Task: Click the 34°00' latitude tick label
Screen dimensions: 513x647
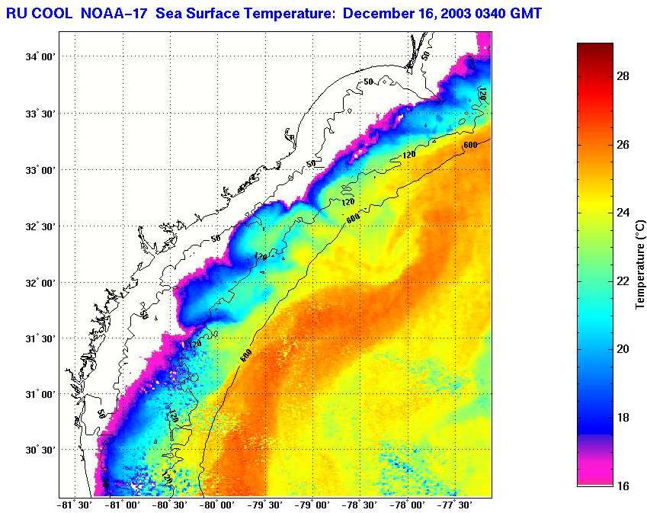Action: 40,57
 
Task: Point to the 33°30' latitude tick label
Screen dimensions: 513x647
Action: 40,114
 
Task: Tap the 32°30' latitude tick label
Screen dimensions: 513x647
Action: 40,226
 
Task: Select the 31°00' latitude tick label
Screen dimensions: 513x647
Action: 40,394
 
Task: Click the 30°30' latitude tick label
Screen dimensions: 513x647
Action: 40,450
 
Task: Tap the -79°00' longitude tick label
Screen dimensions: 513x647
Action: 315,505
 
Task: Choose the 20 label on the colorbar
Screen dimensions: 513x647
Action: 622,349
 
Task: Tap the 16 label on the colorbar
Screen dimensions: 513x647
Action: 622,486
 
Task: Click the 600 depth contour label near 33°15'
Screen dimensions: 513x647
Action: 469,144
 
